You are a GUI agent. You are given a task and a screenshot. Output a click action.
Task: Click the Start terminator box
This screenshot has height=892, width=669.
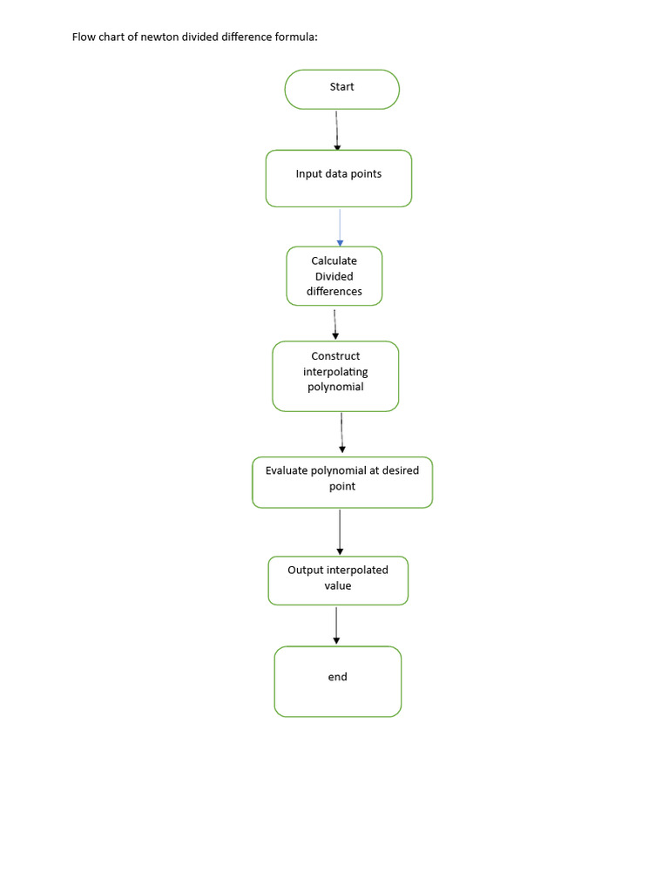tap(341, 90)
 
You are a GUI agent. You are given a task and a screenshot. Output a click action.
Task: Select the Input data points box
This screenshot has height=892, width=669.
tap(339, 179)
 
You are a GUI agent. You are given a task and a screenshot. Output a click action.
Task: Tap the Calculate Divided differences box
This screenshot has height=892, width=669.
tap(334, 276)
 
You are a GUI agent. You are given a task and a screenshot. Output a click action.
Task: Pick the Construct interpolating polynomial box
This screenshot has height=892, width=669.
tap(335, 376)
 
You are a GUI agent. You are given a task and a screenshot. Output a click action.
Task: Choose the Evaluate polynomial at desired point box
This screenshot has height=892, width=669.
tap(342, 483)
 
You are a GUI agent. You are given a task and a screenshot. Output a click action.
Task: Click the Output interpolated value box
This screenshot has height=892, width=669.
tap(338, 580)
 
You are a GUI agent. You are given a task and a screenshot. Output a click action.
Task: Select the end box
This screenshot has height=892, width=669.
tap(338, 681)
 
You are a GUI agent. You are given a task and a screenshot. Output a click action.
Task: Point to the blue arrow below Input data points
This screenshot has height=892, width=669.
tap(341, 227)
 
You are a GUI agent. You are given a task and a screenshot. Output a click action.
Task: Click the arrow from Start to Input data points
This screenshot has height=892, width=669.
tap(337, 131)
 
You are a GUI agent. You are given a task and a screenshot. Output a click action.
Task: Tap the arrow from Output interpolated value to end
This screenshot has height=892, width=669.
tap(336, 625)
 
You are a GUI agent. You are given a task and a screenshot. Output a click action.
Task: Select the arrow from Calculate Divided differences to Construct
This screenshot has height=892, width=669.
tap(335, 324)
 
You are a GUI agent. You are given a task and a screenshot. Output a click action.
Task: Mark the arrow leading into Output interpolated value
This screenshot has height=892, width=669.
tap(341, 532)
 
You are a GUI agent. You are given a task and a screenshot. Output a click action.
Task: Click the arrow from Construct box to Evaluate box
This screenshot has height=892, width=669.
tap(341, 433)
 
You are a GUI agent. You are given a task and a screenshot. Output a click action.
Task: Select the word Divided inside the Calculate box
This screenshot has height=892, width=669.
tap(334, 276)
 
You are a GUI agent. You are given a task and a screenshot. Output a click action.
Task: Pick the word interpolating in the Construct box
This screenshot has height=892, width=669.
tap(335, 372)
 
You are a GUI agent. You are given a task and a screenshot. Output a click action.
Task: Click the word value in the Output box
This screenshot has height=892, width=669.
tap(338, 586)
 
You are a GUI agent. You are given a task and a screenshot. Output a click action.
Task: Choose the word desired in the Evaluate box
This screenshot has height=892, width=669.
tap(401, 470)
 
